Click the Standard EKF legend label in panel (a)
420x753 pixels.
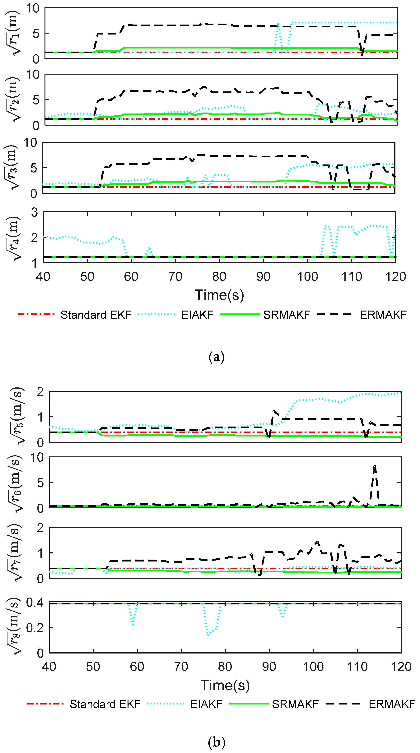(x=96, y=315)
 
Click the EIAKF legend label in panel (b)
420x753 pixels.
(x=206, y=704)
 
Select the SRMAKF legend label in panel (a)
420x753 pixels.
(x=286, y=315)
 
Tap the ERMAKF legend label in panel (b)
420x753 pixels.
(x=392, y=704)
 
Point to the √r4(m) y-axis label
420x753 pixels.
(x=13, y=238)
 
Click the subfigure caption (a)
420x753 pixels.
(x=217, y=357)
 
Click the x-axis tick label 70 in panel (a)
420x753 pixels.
(x=175, y=277)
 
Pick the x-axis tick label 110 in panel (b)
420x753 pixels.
(x=357, y=667)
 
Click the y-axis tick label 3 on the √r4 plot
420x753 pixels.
(x=35, y=212)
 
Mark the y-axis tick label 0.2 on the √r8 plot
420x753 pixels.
(x=35, y=628)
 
